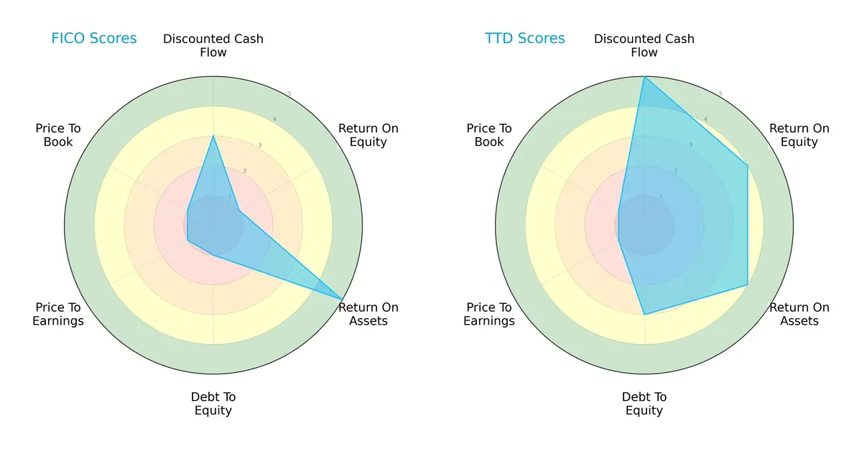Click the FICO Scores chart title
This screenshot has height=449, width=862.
pyautogui.click(x=93, y=39)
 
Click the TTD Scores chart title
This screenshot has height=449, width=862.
pyautogui.click(x=524, y=39)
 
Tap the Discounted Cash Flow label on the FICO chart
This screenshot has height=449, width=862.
pyautogui.click(x=213, y=45)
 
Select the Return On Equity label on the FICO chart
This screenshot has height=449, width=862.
pyautogui.click(x=369, y=135)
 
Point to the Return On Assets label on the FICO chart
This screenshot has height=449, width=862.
pyautogui.click(x=369, y=314)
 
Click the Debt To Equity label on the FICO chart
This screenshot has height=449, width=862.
pyautogui.click(x=213, y=404)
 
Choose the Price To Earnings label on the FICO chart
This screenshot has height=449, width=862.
pyautogui.click(x=58, y=314)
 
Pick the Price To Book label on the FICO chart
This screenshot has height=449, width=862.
pyautogui.click(x=58, y=135)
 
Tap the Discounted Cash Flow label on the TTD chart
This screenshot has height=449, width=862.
pyautogui.click(x=644, y=45)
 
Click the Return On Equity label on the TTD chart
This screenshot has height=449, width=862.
pyautogui.click(x=800, y=135)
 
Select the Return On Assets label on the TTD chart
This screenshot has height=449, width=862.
pyautogui.click(x=800, y=314)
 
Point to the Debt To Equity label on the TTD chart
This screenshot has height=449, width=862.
pyautogui.click(x=644, y=404)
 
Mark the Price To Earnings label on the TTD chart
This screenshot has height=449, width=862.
pyautogui.click(x=489, y=314)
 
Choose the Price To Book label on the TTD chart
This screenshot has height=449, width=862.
pyautogui.click(x=489, y=135)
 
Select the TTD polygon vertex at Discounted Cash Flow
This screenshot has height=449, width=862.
pyautogui.click(x=644, y=77)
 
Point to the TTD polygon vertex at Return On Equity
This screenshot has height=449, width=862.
pyautogui.click(x=748, y=166)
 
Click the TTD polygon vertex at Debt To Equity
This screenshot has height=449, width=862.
pyautogui.click(x=644, y=315)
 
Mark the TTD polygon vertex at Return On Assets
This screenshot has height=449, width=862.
pyautogui.click(x=748, y=285)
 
